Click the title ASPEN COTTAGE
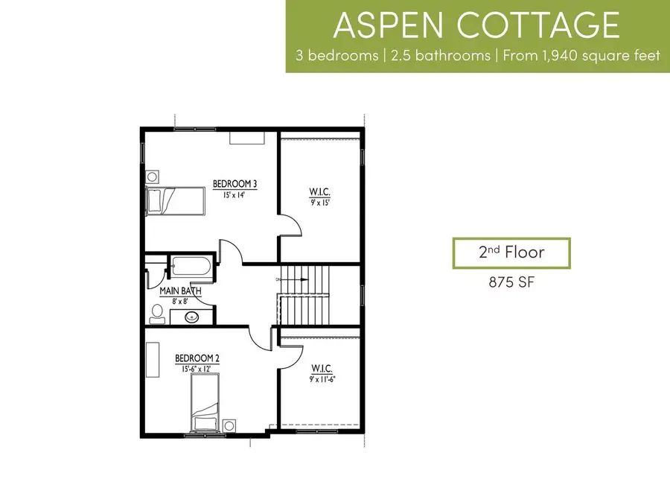[x=477, y=25]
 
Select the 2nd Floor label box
[x=511, y=253]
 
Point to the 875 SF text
[x=511, y=282]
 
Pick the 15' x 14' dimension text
[x=232, y=194]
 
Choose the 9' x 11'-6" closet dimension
[x=322, y=379]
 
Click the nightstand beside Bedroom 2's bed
[x=229, y=425]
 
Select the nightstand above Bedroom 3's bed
[x=152, y=177]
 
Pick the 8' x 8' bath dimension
[x=180, y=302]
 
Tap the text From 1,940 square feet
[x=581, y=57]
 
